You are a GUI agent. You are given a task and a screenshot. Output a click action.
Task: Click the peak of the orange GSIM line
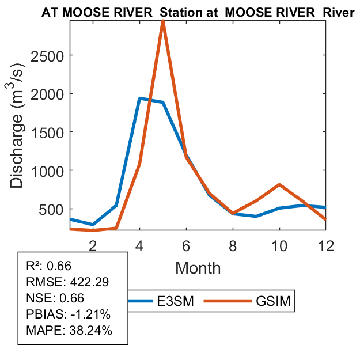(163, 21)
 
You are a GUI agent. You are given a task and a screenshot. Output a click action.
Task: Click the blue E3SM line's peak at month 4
(139, 98)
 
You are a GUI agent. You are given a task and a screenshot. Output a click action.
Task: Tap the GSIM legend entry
(274, 301)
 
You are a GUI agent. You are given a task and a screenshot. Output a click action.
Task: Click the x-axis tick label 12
(326, 244)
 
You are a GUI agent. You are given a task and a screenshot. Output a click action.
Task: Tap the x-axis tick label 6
(186, 244)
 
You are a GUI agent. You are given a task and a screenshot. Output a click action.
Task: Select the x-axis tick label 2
(93, 244)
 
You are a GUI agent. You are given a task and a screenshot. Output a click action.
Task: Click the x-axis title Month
(198, 267)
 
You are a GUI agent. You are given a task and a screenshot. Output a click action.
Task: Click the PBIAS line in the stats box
(68, 314)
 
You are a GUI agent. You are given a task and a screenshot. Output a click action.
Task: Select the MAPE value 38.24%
(91, 331)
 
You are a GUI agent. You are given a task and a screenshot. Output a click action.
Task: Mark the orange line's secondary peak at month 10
(279, 185)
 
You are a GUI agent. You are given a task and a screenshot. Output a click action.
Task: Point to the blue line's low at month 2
(93, 225)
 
